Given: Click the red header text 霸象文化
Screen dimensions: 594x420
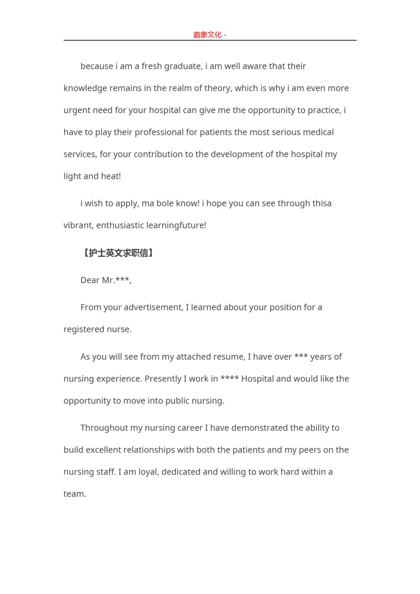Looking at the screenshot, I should (x=207, y=35).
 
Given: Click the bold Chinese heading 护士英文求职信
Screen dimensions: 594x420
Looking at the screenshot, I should (x=118, y=253).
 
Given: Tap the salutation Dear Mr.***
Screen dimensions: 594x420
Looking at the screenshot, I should (x=106, y=280).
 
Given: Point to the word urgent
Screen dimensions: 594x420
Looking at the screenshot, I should (x=77, y=110).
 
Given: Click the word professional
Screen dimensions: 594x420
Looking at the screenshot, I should (x=166, y=133).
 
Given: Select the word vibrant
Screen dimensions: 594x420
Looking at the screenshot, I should (x=78, y=225).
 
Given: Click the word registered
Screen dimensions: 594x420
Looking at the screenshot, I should (x=84, y=329).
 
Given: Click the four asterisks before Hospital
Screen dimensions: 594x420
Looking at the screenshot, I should (x=229, y=379).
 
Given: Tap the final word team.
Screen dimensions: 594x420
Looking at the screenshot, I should (x=74, y=494).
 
